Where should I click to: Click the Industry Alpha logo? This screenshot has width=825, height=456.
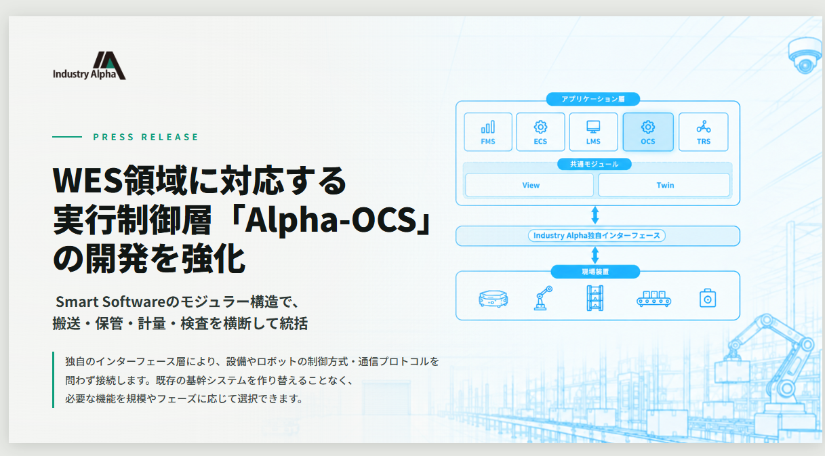click(89, 66)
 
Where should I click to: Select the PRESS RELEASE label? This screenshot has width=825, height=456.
click(146, 137)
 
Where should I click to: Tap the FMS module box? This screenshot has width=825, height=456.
click(488, 131)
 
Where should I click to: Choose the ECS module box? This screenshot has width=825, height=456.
click(540, 131)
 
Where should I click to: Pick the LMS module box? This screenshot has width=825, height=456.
click(593, 131)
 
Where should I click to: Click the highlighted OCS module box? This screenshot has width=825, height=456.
click(648, 131)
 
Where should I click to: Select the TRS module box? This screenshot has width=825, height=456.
click(704, 131)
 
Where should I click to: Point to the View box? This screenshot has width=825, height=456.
click(529, 185)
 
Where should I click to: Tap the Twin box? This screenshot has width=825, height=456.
click(664, 185)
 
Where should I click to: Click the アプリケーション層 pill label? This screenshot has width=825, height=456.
click(593, 99)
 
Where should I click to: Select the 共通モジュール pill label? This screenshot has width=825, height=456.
click(594, 164)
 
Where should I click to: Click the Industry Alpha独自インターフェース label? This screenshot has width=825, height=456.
click(597, 236)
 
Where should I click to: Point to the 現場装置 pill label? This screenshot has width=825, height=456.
click(595, 272)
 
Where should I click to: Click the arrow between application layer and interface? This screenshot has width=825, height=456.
click(595, 215)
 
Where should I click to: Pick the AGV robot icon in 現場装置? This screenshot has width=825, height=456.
click(493, 299)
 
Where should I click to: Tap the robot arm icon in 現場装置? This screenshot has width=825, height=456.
click(542, 299)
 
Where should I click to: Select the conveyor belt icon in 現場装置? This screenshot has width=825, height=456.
click(653, 299)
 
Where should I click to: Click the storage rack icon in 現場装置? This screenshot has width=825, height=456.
click(595, 298)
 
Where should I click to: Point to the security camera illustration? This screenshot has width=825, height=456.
click(805, 55)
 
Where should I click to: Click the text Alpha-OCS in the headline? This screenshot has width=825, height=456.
click(330, 220)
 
